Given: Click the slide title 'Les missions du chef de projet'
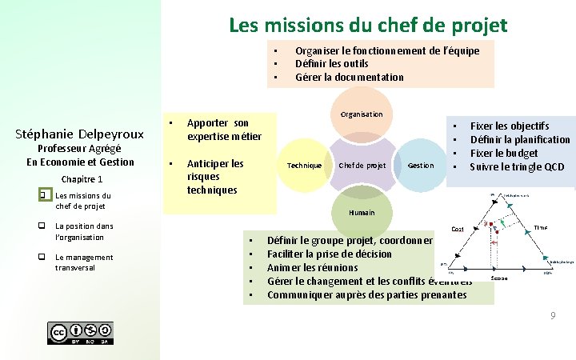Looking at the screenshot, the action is tap(368, 25).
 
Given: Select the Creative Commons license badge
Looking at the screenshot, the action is tap(80, 333).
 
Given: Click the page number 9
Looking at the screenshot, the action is tap(552, 317).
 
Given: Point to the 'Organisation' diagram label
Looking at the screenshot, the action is tap(362, 114).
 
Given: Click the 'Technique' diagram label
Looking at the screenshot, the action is tap(304, 166).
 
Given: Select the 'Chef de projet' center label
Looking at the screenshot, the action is tap(362, 166).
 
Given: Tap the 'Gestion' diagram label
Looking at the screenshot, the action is tap(421, 166).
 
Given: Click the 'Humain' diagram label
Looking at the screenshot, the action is tap(362, 213).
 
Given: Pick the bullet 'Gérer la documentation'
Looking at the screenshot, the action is tap(349, 78).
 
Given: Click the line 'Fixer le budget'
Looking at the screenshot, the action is tap(503, 153).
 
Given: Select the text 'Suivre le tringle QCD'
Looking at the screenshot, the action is tap(516, 166).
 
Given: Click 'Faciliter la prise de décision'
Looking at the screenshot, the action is tap(329, 254).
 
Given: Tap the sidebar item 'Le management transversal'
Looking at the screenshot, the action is tap(84, 262).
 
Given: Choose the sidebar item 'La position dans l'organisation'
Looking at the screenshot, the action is tap(84, 231).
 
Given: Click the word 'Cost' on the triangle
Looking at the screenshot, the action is tap(458, 230).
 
